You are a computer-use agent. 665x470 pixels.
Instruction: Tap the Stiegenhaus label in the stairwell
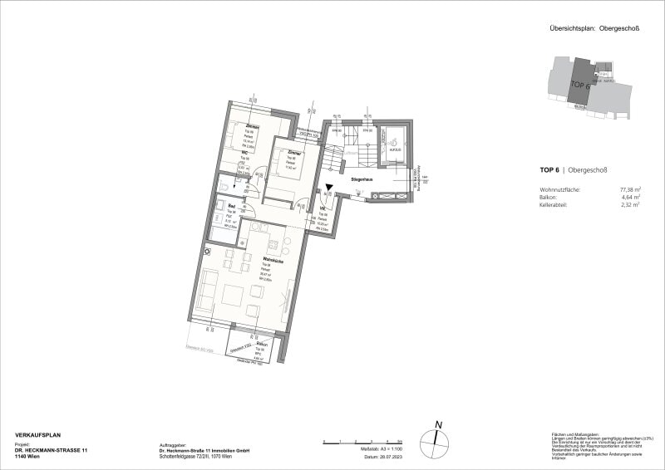pyautogui.click(x=361, y=179)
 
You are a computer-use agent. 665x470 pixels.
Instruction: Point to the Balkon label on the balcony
pyautogui.click(x=261, y=343)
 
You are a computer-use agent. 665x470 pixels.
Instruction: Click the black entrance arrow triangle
pyautogui.click(x=329, y=191)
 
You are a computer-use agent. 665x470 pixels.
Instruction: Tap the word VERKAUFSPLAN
pyautogui.click(x=38, y=435)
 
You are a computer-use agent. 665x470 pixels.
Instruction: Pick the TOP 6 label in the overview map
pyautogui.click(x=579, y=85)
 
